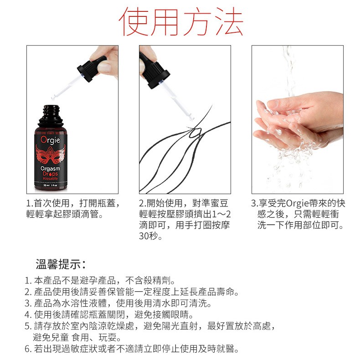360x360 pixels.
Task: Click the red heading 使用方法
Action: [181, 21]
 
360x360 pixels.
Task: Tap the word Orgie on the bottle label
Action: [51, 140]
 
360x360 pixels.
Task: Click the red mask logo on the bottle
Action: [51, 155]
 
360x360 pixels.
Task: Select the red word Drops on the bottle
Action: [50, 174]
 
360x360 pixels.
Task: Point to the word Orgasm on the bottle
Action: [50, 169]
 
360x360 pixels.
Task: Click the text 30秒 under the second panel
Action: [151, 236]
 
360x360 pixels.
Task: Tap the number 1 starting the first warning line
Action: [27, 281]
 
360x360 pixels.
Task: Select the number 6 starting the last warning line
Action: [27, 349]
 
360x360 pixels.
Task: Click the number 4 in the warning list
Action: [27, 314]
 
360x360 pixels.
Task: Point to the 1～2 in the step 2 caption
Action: [221, 214]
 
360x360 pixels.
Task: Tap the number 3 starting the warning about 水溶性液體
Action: [27, 303]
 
